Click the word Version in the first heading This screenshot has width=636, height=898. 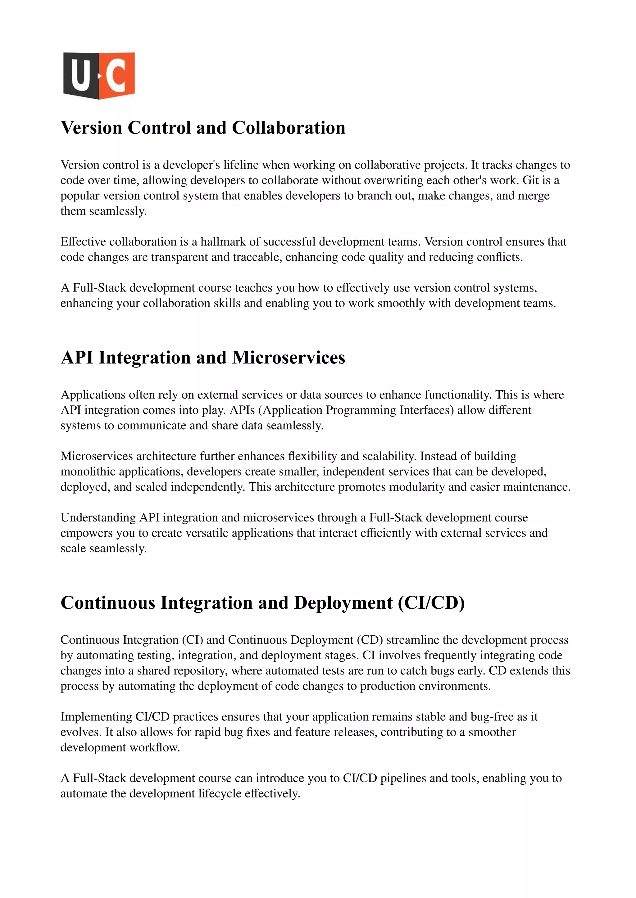91,128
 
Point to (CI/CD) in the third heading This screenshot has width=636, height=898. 431,603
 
